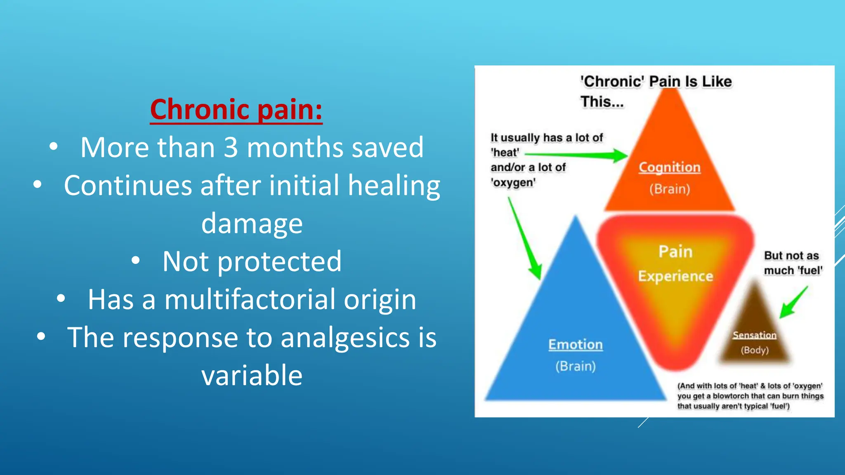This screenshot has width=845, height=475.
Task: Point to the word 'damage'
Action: point(252,223)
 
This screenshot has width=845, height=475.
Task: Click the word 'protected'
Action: point(279,261)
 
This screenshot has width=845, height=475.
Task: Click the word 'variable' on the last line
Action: point(252,376)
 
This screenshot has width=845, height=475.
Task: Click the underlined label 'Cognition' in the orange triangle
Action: point(669,167)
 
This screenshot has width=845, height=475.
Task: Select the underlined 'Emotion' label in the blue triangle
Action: point(575,345)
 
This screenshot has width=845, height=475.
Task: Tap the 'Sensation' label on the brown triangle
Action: point(754,335)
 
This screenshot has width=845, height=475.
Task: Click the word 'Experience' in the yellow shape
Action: point(675,276)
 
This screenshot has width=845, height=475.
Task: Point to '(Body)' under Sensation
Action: point(755,350)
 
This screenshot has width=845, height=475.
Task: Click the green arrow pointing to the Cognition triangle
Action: point(578,155)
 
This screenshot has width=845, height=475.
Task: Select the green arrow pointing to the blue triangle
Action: point(524,239)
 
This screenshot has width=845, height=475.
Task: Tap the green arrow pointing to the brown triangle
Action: point(793,303)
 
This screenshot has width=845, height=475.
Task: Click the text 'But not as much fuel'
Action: point(793,263)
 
